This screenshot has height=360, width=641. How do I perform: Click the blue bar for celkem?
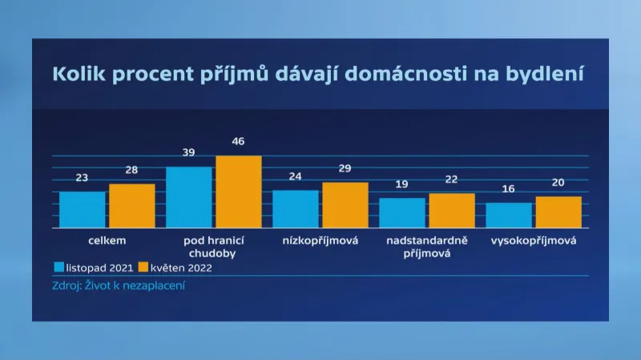coord(83,209)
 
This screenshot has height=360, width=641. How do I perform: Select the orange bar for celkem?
coord(132,206)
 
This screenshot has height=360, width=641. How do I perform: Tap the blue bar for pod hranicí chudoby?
coord(189,197)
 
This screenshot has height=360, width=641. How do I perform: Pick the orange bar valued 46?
coord(239,192)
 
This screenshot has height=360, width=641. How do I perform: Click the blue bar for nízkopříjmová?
coord(296,208)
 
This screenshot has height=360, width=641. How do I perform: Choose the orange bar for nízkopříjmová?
coord(345,205)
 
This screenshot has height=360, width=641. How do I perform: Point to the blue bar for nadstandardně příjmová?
coord(402,212)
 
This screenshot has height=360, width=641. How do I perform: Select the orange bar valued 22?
coord(452,210)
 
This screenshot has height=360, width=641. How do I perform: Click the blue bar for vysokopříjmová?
coord(509,215)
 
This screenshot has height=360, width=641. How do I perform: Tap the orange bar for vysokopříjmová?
coord(558,212)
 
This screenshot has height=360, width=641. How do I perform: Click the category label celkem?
coord(107,240)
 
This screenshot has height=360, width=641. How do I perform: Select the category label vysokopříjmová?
coord(534,240)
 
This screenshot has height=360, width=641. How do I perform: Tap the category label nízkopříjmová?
coord(320,240)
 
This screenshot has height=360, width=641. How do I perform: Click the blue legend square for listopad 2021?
coord(58,267)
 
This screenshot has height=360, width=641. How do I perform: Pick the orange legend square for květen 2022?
coord(143,267)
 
